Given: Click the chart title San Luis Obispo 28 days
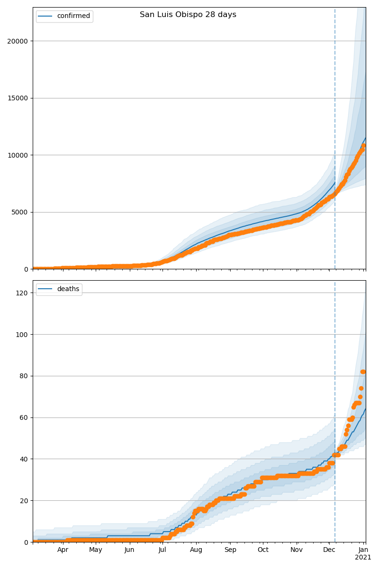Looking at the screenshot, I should (188, 15).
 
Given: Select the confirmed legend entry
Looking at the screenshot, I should (73, 16).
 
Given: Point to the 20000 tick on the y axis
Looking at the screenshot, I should (17, 41).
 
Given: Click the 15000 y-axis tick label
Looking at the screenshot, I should (17, 98).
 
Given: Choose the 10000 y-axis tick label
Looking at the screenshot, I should (17, 155).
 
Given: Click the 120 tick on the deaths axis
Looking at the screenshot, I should (22, 293).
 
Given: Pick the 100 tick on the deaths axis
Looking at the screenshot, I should (22, 335).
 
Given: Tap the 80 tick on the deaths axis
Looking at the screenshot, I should (24, 376).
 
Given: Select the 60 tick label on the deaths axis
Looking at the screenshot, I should (24, 417).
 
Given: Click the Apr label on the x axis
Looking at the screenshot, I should (63, 550).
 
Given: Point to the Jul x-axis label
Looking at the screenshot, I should (162, 550).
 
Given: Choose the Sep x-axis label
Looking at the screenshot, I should (230, 550).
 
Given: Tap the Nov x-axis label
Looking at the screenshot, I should (297, 550).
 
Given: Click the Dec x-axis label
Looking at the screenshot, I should (329, 550).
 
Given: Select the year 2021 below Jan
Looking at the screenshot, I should (363, 558).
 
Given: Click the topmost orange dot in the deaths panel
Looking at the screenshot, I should (363, 372).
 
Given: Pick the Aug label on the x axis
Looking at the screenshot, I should (196, 550).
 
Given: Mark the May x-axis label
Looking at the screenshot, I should (96, 550).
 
